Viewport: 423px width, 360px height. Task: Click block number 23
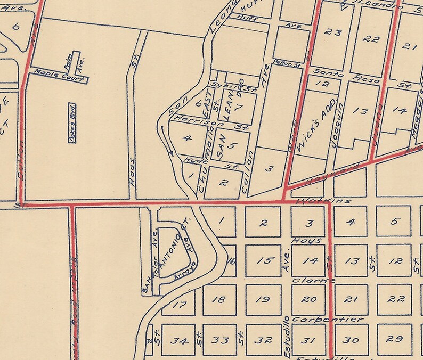pos(333,33)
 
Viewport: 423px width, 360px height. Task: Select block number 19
pos(262,299)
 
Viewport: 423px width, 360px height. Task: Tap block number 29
pos(394,338)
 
